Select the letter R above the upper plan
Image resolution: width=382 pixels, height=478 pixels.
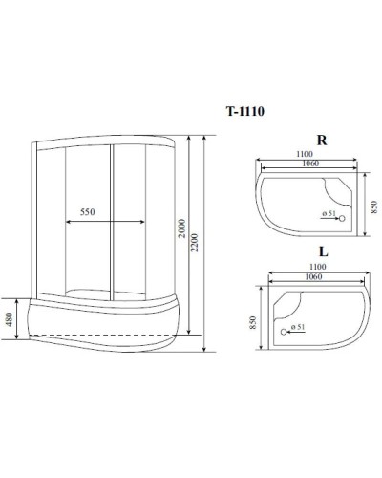pyautogui.click(x=322, y=140)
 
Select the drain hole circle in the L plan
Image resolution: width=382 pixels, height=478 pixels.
pyautogui.click(x=284, y=332)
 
